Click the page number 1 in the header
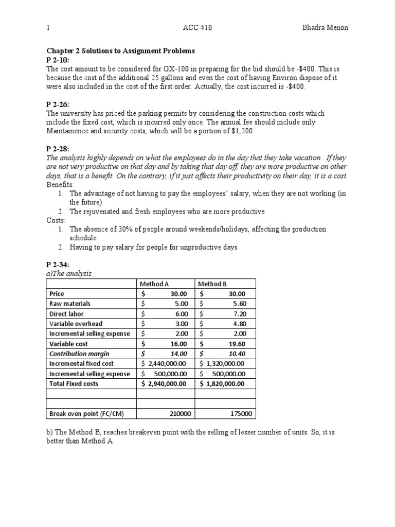[48, 28]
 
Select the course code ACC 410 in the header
[197, 28]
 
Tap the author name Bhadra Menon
[324, 28]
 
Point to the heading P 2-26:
[58, 105]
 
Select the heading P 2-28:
[58, 150]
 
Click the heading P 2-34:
[58, 265]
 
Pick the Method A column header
[155, 284]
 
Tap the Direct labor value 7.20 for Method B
[238, 313]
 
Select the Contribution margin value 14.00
[178, 354]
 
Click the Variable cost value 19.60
[237, 344]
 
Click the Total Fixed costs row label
[74, 383]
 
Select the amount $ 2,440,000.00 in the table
[165, 364]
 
